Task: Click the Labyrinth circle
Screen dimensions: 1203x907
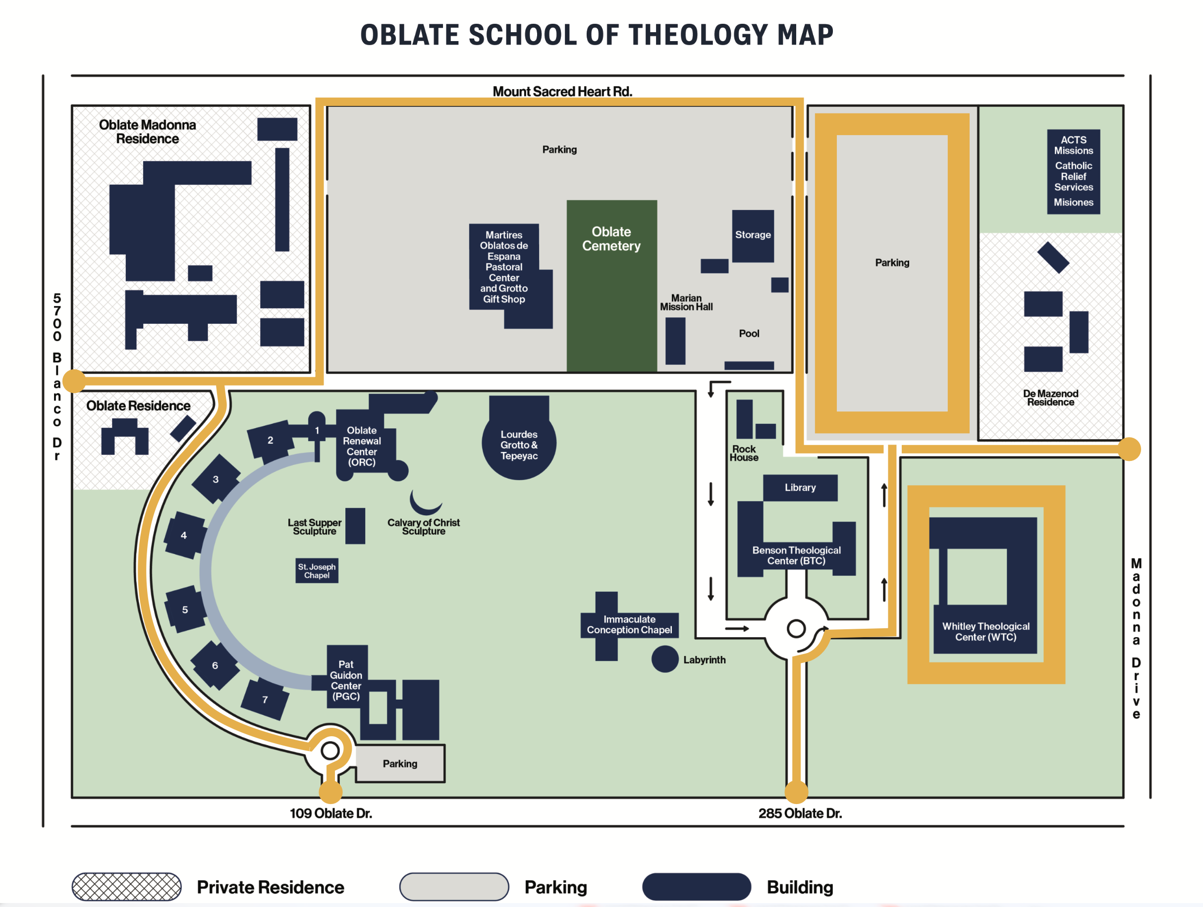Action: pyautogui.click(x=664, y=658)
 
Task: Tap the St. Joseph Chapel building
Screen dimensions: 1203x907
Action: pyautogui.click(x=317, y=571)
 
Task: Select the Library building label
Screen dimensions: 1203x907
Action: pyautogui.click(x=800, y=488)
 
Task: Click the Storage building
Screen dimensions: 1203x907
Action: pyautogui.click(x=753, y=235)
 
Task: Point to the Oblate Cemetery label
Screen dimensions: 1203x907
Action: pyautogui.click(x=611, y=239)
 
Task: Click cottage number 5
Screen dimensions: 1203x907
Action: pyautogui.click(x=185, y=609)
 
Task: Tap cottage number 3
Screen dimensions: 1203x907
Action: pyautogui.click(x=216, y=479)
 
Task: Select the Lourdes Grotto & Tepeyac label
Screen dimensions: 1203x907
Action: pyautogui.click(x=519, y=445)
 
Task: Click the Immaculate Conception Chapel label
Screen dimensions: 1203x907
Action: pyautogui.click(x=629, y=624)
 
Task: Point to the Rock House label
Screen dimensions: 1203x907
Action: pyautogui.click(x=744, y=453)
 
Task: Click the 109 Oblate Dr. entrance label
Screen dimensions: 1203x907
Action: pyautogui.click(x=330, y=813)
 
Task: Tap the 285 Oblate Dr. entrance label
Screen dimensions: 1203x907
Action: pyautogui.click(x=800, y=813)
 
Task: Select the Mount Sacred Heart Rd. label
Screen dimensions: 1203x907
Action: pyautogui.click(x=562, y=91)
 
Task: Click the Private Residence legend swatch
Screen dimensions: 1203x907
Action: pyautogui.click(x=127, y=886)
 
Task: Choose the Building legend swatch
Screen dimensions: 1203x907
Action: pyautogui.click(x=696, y=886)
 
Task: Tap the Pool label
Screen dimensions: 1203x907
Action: pyautogui.click(x=749, y=334)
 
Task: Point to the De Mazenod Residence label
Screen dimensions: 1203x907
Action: pyautogui.click(x=1050, y=398)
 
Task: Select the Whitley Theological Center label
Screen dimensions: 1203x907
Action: pyautogui.click(x=985, y=631)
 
